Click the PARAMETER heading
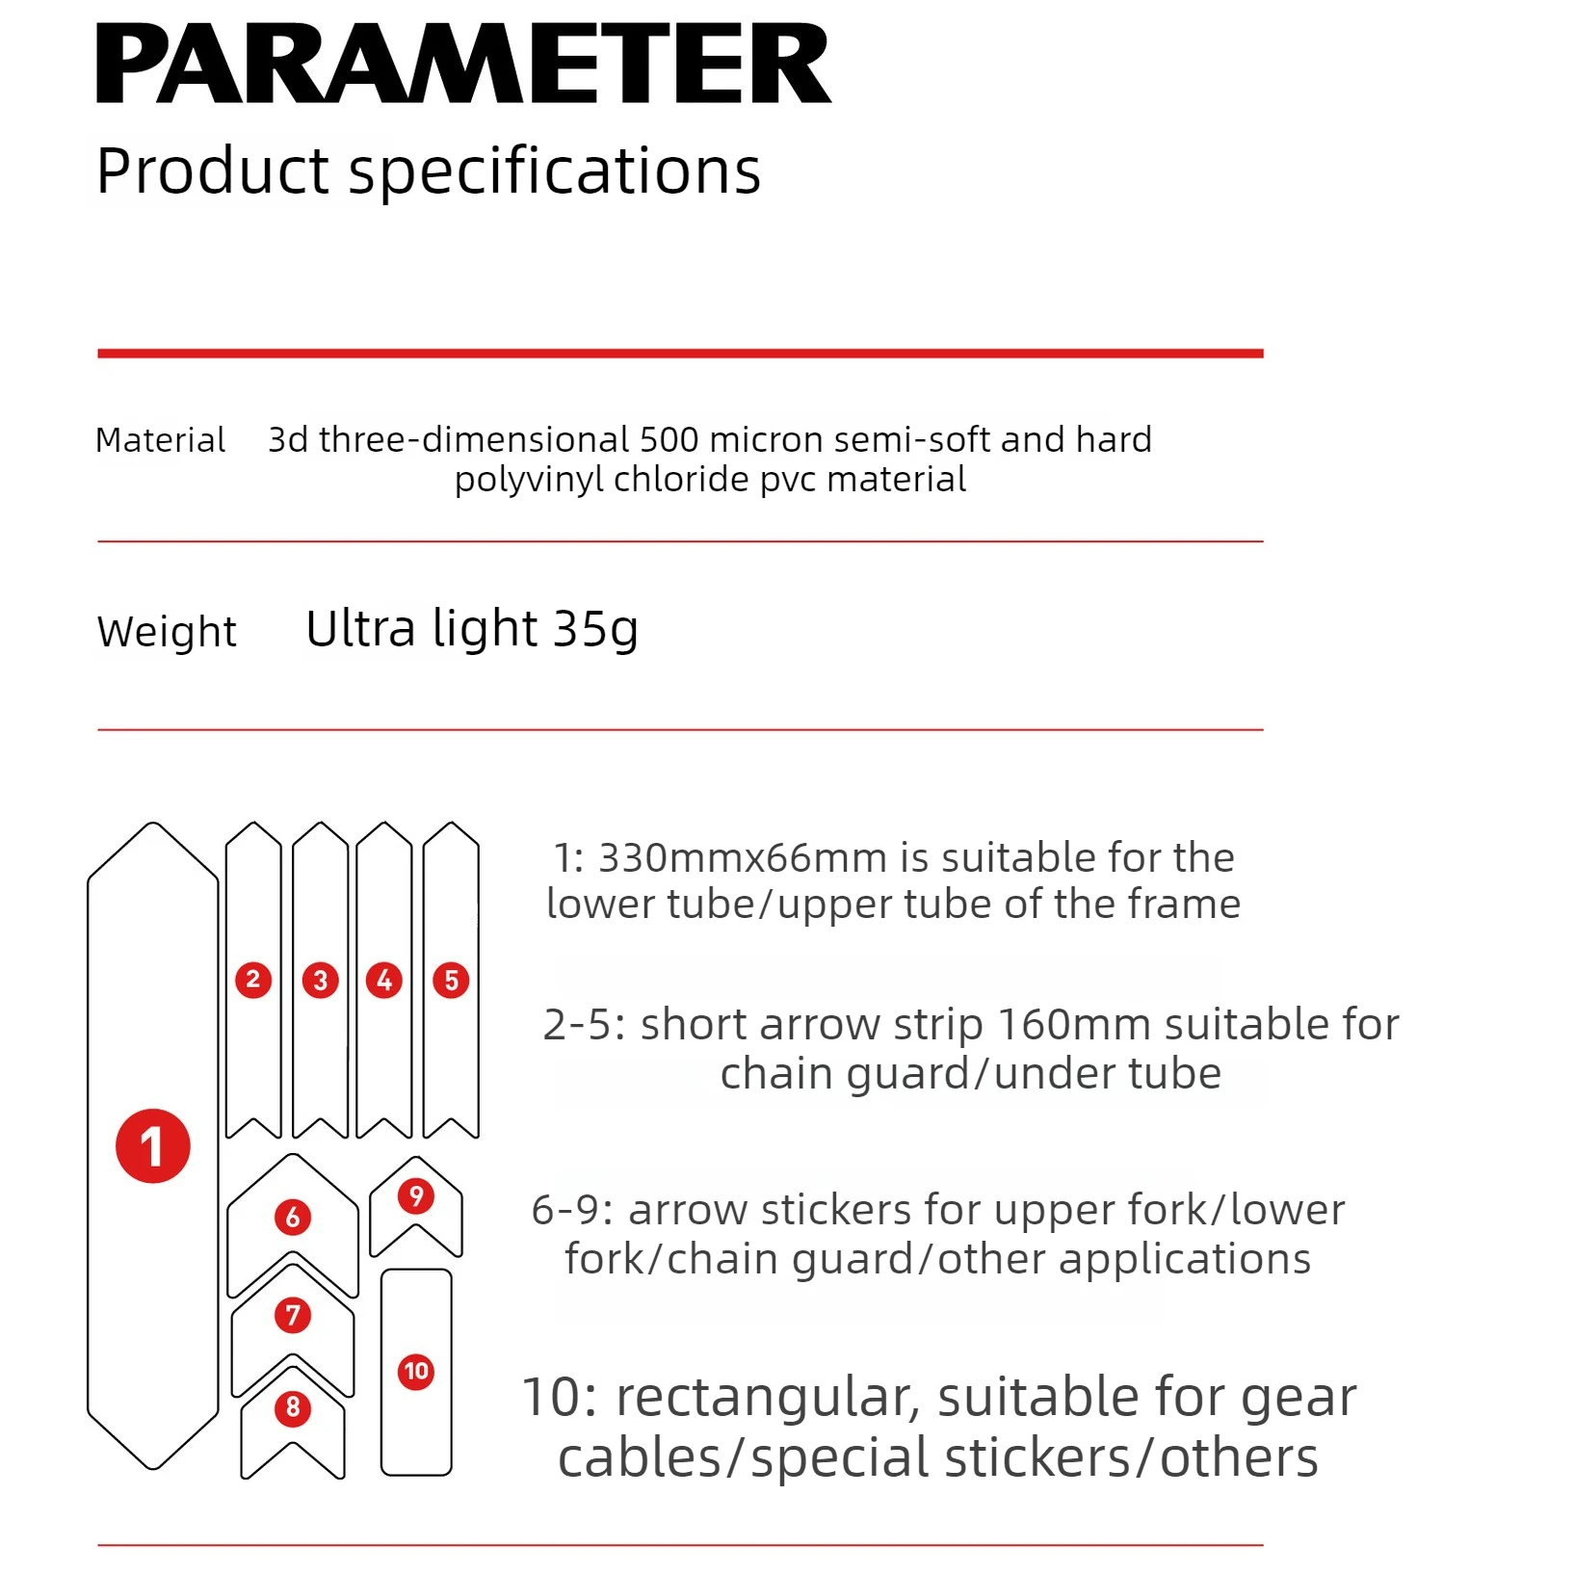pyautogui.click(x=463, y=64)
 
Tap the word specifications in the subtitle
pyautogui.click(x=554, y=171)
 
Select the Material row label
pyautogui.click(x=160, y=440)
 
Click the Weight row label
pyautogui.click(x=167, y=632)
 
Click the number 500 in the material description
pyautogui.click(x=669, y=439)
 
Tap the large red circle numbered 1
pyautogui.click(x=153, y=1145)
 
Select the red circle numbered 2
pyautogui.click(x=253, y=980)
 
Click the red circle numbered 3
pyautogui.click(x=321, y=981)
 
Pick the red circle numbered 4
pyautogui.click(x=384, y=980)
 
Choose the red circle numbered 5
pyautogui.click(x=451, y=981)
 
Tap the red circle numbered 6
pyautogui.click(x=293, y=1217)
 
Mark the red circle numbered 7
pyautogui.click(x=293, y=1315)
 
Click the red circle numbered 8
pyautogui.click(x=293, y=1407)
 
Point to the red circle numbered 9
pyautogui.click(x=416, y=1196)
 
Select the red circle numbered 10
pyautogui.click(x=416, y=1371)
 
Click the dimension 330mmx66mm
pyautogui.click(x=743, y=857)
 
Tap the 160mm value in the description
pyautogui.click(x=1057, y=1024)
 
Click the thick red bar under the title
pyautogui.click(x=680, y=354)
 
